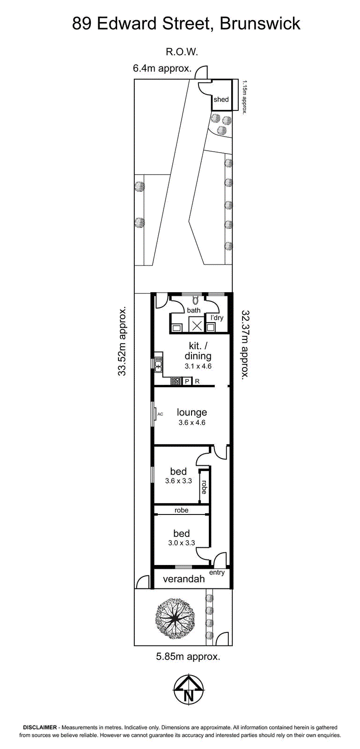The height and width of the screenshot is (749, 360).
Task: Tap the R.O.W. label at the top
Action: tap(182, 52)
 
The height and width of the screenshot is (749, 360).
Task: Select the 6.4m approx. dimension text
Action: tap(162, 68)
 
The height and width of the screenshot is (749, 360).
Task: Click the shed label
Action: tap(221, 99)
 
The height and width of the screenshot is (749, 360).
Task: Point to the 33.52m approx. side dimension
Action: tap(122, 341)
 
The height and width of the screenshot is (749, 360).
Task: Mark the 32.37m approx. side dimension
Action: tap(245, 344)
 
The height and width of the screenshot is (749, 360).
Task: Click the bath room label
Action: tap(193, 310)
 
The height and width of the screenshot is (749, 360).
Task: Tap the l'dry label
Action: tap(217, 318)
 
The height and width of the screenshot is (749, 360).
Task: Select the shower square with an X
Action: tap(197, 325)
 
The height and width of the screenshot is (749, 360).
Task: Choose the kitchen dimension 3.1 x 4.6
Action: tap(198, 366)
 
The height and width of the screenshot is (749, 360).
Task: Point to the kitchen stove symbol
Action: tap(176, 381)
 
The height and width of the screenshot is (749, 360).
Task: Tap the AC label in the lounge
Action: tap(160, 414)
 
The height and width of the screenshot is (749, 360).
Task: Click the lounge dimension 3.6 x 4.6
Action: tap(192, 423)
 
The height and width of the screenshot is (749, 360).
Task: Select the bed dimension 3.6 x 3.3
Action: tap(178, 481)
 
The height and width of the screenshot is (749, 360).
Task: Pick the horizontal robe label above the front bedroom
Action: tap(182, 510)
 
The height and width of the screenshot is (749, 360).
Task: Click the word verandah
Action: tap(184, 579)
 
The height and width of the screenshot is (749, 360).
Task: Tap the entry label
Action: tap(217, 573)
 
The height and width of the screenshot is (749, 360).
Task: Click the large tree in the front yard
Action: tap(175, 619)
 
